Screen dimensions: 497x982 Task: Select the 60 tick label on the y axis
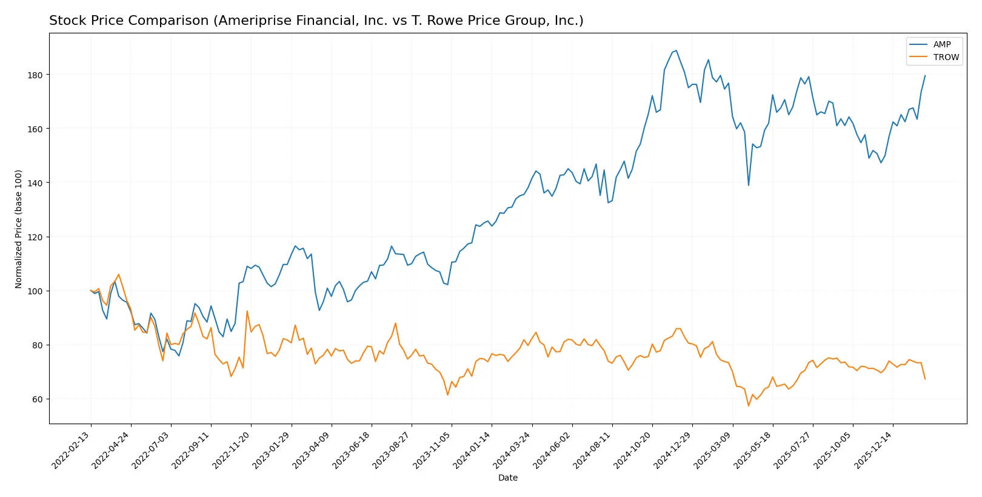tap(37, 399)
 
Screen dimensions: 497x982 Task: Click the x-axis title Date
tap(507, 478)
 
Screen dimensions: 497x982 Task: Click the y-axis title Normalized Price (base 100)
tap(19, 229)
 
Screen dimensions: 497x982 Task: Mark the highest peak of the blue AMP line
tap(676, 50)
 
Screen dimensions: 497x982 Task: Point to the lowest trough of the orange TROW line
tap(749, 406)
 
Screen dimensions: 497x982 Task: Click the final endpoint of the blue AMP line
tap(925, 76)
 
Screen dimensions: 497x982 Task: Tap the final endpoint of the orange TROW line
tap(925, 379)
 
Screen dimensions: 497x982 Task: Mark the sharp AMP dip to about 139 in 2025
tap(749, 185)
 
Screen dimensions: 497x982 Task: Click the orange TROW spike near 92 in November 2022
tap(247, 311)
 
